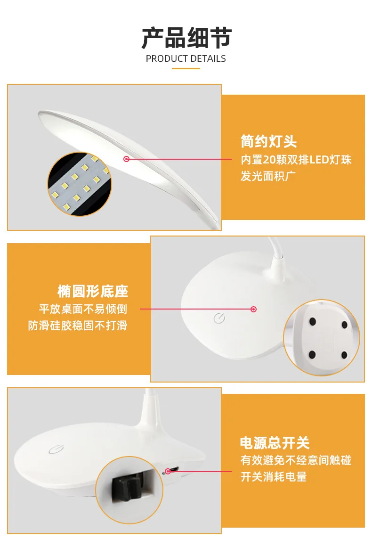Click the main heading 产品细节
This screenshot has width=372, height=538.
186,38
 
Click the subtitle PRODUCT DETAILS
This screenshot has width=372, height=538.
186,59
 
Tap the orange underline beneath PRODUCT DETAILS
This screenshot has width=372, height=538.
186,69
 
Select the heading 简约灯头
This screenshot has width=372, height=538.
268,141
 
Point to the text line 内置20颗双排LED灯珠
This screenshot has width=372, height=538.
296,160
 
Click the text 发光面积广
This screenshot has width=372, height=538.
268,176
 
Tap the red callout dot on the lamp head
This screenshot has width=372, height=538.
127,159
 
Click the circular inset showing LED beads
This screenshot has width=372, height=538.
80,185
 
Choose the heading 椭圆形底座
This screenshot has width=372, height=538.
93,291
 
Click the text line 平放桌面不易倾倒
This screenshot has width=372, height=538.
83,309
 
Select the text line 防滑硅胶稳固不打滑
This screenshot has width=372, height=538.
78,325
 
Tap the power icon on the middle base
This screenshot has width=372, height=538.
219,318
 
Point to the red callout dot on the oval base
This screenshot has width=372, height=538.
254,309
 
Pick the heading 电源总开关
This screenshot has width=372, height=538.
275,443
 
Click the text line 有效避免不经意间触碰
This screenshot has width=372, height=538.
296,460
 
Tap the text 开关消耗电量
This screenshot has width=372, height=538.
274,477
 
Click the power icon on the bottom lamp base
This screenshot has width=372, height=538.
57,449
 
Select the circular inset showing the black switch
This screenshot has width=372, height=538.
129,490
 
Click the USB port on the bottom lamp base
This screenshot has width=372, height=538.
174,469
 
